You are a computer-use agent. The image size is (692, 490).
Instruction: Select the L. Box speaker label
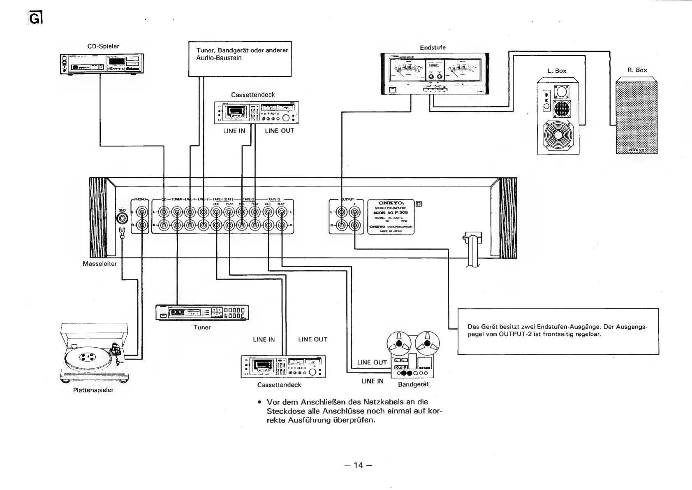557,71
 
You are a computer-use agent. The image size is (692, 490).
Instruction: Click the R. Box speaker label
637,70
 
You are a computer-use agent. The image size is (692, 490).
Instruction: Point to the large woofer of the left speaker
558,135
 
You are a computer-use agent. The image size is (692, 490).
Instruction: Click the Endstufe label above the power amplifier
433,48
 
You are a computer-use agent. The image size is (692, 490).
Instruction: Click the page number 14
359,465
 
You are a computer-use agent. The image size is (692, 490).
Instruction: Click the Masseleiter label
100,264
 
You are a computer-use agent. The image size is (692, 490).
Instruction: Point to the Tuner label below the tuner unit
202,327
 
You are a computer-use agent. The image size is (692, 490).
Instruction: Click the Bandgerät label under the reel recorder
413,384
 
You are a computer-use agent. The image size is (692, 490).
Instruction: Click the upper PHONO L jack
142,212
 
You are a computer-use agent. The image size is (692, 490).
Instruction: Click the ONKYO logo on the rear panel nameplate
391,203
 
